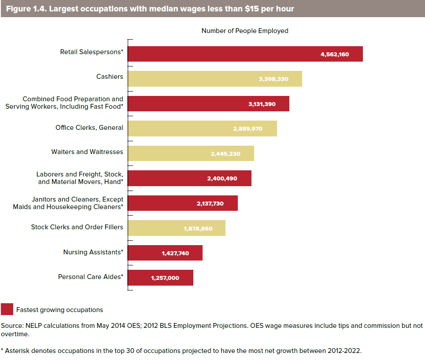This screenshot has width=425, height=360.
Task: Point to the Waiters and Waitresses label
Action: click(x=87, y=152)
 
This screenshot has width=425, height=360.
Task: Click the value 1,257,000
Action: click(x=165, y=278)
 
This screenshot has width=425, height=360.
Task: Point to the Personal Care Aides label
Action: click(x=91, y=277)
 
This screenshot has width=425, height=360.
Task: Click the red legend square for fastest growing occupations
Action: click(x=7, y=309)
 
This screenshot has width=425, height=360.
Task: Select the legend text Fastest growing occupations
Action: click(x=59, y=310)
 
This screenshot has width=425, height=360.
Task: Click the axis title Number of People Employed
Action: click(x=245, y=31)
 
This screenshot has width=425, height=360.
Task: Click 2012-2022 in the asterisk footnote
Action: click(x=347, y=351)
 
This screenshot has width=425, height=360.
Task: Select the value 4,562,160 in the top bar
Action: click(x=335, y=55)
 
